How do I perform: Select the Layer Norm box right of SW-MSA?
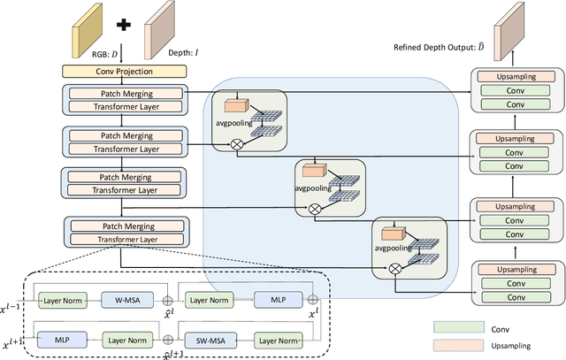[277, 338]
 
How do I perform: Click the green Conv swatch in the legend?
[457, 326]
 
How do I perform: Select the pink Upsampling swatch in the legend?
[457, 345]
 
